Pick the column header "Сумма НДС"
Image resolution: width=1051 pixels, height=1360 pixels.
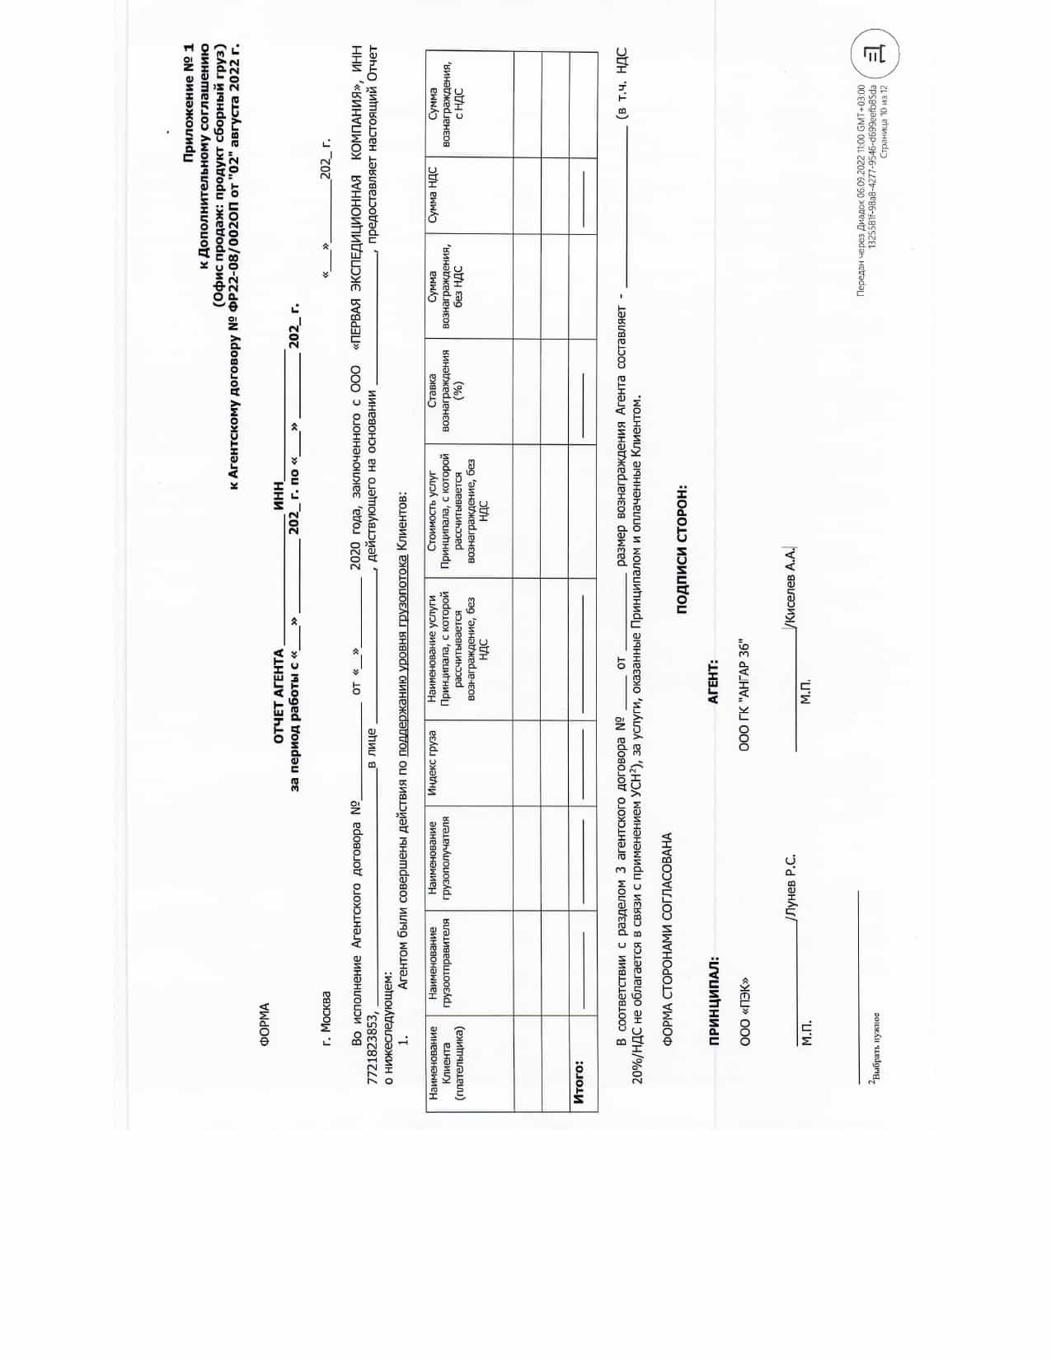pos(433,194)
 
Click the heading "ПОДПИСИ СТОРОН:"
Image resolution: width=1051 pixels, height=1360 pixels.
pos(682,548)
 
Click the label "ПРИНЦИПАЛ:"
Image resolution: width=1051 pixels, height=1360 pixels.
pos(138,1000)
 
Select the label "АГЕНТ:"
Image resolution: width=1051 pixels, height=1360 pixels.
pos(713,682)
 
